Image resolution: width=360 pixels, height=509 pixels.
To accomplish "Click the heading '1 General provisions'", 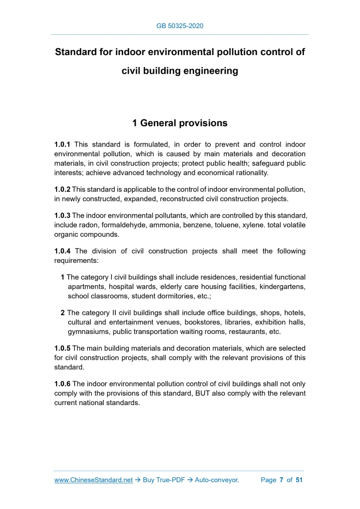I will coord(180,123).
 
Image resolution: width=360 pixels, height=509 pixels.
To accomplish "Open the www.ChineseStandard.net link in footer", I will coord(94,480).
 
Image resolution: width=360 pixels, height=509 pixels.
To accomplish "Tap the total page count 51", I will coord(299,480).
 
